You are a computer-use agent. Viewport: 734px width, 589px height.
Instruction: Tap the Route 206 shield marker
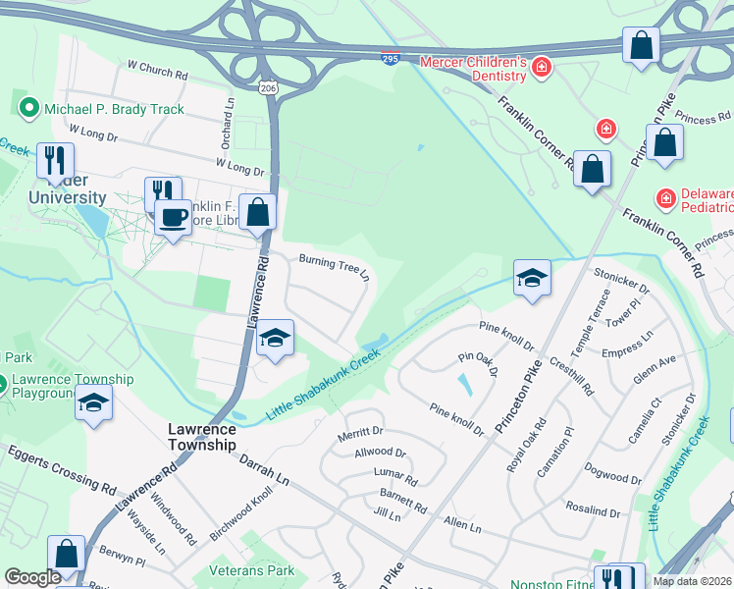coord(270,87)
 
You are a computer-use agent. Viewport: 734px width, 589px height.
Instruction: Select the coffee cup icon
coord(174,217)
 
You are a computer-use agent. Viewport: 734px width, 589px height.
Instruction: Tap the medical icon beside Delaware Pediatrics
coord(666,198)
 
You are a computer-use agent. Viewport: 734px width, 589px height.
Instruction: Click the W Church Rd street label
coord(157,72)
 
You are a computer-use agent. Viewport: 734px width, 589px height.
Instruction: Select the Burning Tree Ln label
coord(334,264)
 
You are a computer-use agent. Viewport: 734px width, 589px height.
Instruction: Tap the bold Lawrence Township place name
coord(201,437)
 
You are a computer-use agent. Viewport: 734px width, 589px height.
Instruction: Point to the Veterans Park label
coord(251,570)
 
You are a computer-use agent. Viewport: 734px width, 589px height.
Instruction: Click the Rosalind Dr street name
coord(594,511)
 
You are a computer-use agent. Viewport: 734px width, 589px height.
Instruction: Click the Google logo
coord(32,577)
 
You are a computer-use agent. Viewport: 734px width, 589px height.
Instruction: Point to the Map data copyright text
coord(693,581)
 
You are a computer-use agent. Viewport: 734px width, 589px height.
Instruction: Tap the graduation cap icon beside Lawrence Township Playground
coord(94,403)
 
